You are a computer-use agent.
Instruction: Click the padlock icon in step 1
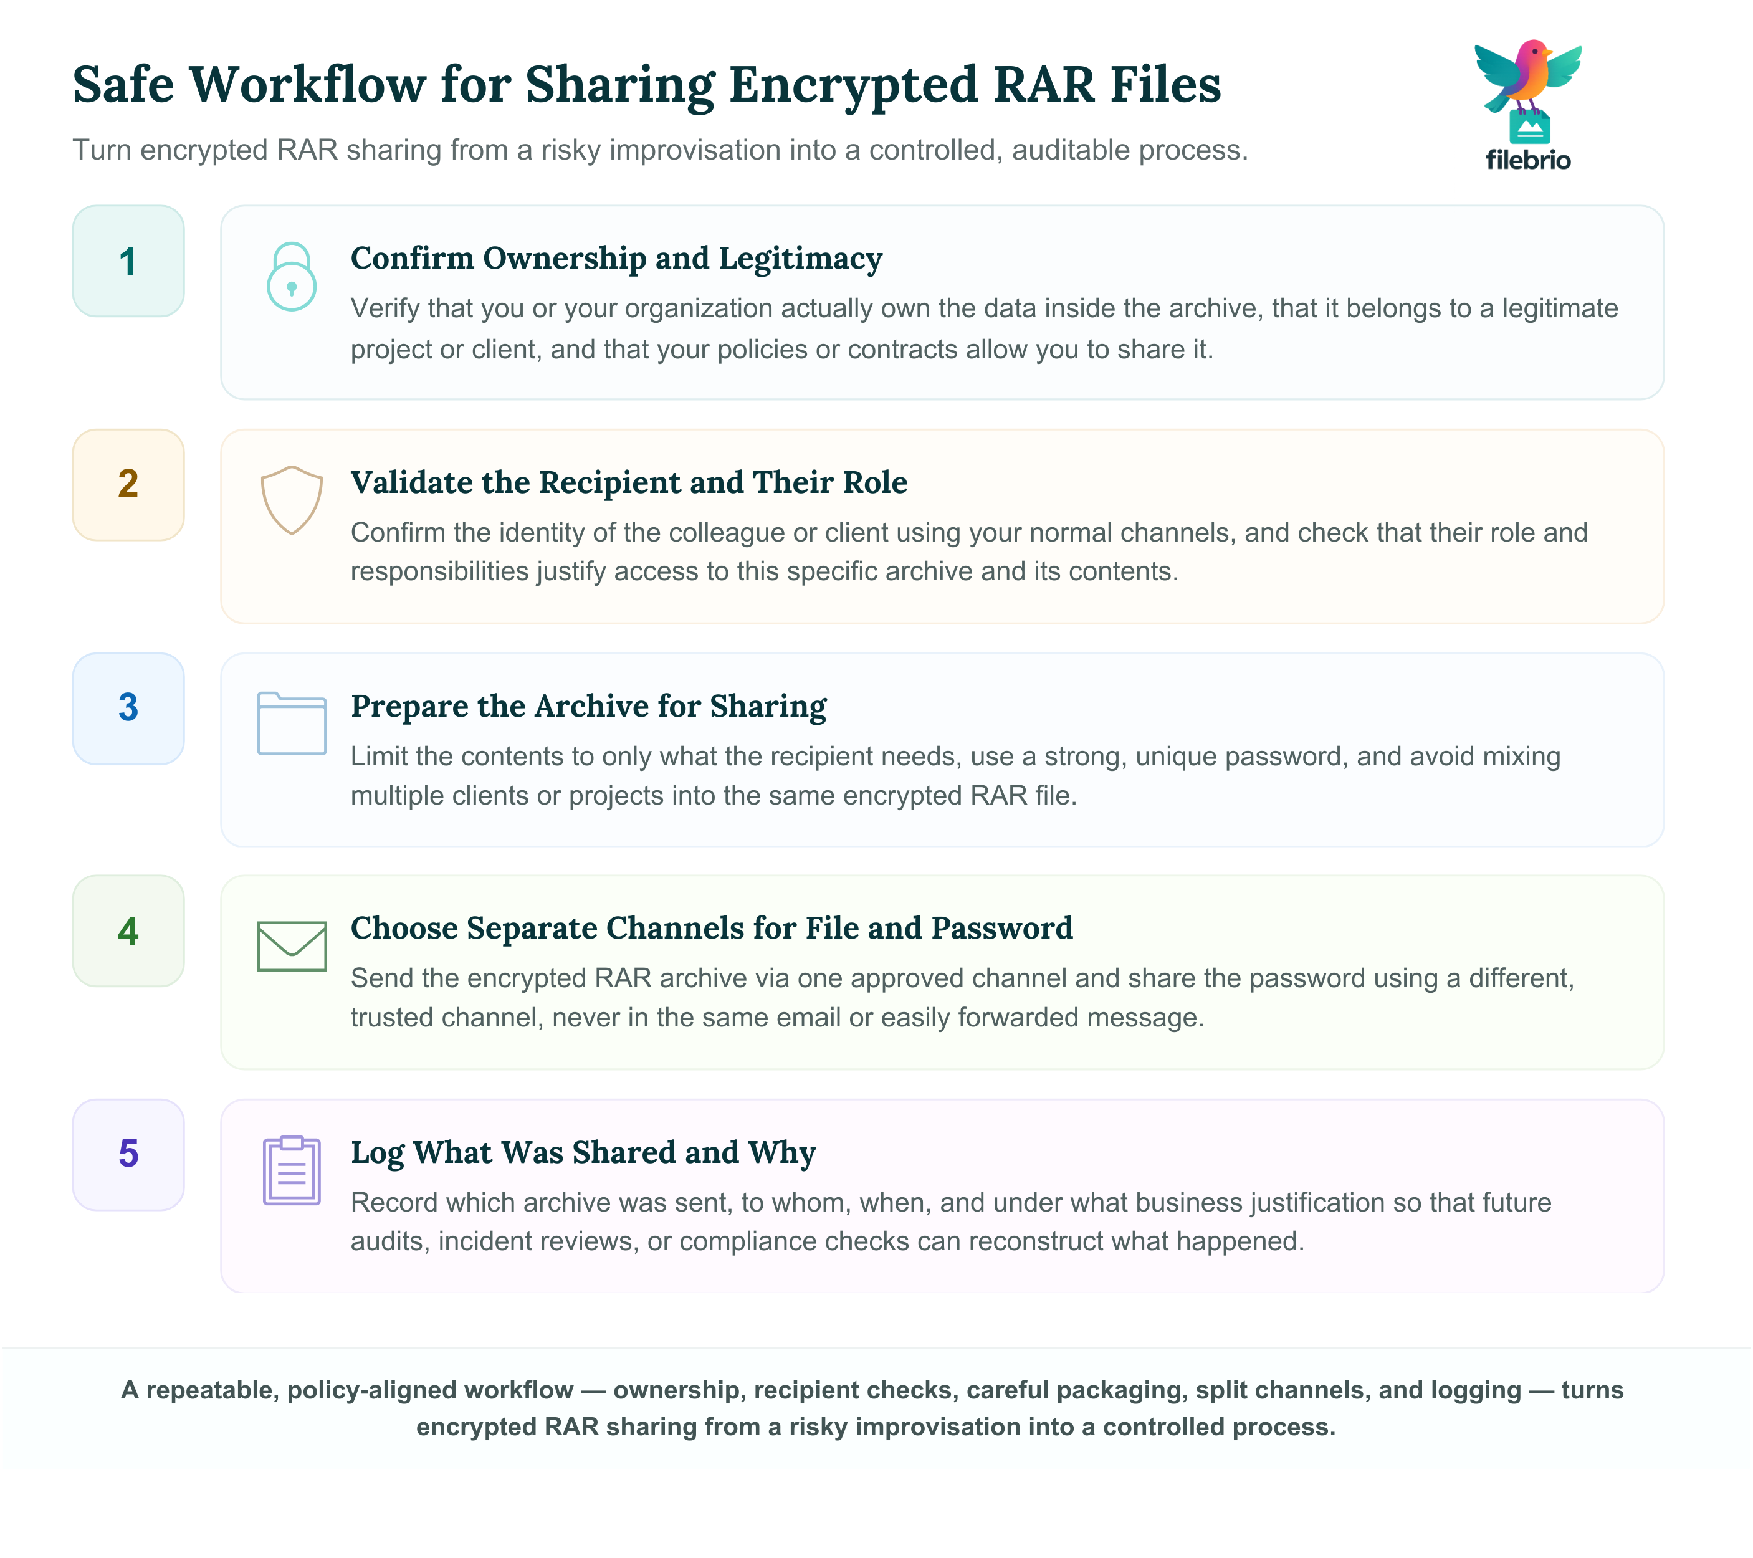tap(292, 276)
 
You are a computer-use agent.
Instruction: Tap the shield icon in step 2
tap(292, 500)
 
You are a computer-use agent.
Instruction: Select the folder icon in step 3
tap(292, 723)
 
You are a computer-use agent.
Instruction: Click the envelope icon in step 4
tap(292, 946)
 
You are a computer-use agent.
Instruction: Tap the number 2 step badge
tap(128, 484)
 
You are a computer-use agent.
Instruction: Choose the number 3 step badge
tap(128, 708)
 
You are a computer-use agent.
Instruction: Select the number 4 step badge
tap(128, 930)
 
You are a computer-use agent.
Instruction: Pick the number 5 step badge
tap(128, 1154)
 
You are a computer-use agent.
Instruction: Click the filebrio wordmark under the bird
tap(1528, 160)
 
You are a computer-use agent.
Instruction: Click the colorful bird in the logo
tap(1528, 77)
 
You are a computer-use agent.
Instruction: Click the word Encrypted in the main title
tap(853, 86)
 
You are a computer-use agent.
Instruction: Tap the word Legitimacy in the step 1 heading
tap(800, 259)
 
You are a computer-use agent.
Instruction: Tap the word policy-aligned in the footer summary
tap(429, 1390)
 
